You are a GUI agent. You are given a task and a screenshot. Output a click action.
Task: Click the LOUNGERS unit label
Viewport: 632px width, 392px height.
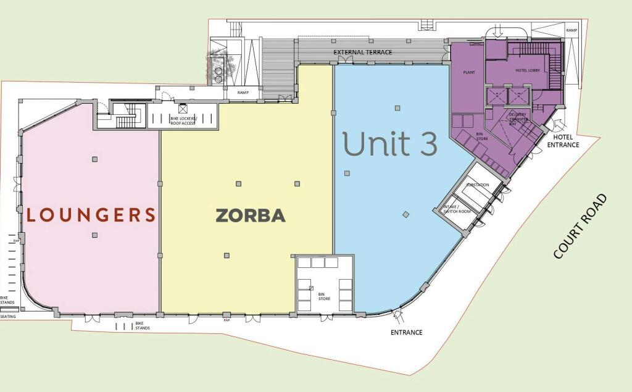pyautogui.click(x=91, y=215)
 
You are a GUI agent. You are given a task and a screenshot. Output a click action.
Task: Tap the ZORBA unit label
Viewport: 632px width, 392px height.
pyautogui.click(x=250, y=215)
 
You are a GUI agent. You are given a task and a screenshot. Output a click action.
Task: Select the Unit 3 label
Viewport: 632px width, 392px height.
pyautogui.click(x=390, y=143)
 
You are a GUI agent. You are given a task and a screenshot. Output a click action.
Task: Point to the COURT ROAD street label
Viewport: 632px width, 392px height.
pyautogui.click(x=580, y=227)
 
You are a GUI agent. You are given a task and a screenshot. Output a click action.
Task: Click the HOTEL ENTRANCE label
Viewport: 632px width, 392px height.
pyautogui.click(x=563, y=141)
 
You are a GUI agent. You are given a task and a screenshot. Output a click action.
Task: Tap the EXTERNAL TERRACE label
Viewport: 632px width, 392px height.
pyautogui.click(x=363, y=52)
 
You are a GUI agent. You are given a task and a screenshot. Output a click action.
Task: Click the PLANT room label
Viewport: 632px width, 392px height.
pyautogui.click(x=468, y=72)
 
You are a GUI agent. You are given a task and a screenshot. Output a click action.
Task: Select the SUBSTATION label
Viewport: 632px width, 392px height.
pyautogui.click(x=478, y=185)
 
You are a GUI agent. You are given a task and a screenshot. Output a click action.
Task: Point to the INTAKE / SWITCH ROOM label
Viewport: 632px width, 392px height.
pyautogui.click(x=457, y=209)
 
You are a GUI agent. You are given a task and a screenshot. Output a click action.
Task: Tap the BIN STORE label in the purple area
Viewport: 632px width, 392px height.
pyautogui.click(x=482, y=136)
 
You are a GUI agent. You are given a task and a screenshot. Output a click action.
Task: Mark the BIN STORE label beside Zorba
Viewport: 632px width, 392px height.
pyautogui.click(x=325, y=296)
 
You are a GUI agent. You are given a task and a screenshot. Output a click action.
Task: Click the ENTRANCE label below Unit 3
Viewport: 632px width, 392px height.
pyautogui.click(x=407, y=332)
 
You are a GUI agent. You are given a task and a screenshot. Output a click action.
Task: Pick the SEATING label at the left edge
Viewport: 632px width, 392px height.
pyautogui.click(x=8, y=317)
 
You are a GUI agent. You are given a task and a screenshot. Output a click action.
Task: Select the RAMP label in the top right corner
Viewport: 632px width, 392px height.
pyautogui.click(x=572, y=30)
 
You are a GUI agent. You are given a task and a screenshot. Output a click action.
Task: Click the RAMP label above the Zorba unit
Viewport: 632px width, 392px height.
pyautogui.click(x=243, y=93)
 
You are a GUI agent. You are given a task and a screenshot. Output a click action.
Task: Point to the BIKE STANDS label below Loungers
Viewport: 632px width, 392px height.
pyautogui.click(x=143, y=326)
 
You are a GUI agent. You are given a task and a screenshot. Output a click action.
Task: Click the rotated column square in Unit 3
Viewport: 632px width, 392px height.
pyautogui.click(x=405, y=215)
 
